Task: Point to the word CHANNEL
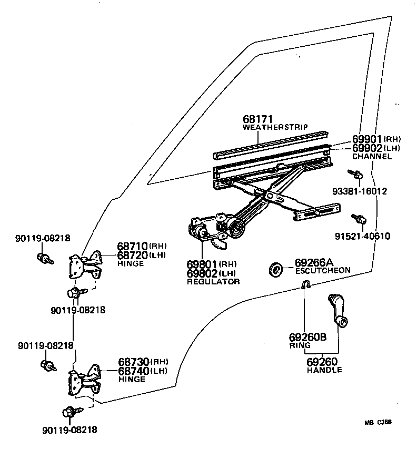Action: pos(372,156)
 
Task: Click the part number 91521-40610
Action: pos(362,236)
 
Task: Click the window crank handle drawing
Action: pos(337,310)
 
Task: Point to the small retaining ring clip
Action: pos(305,285)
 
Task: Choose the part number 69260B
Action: pos(307,337)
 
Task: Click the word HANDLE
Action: pos(324,370)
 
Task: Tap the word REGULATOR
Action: pos(213,282)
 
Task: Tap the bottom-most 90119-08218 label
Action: pos(70,430)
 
